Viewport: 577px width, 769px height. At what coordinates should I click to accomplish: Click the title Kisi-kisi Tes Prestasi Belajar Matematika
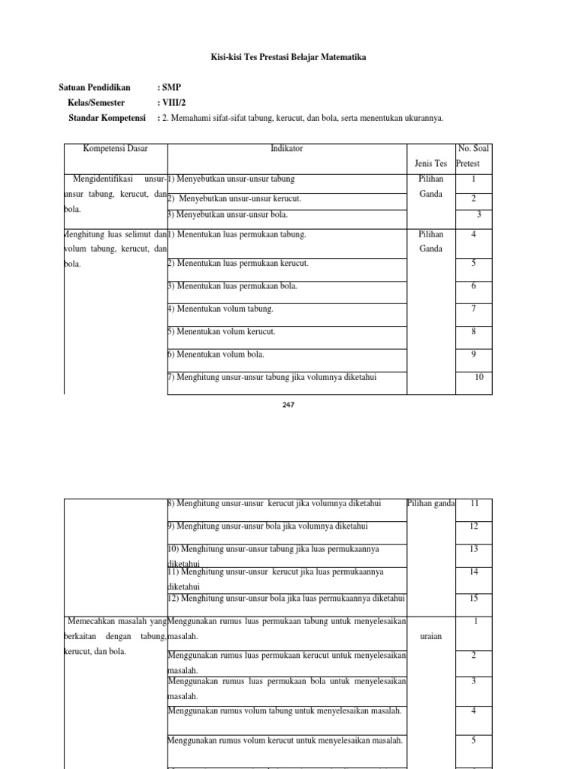coord(288,58)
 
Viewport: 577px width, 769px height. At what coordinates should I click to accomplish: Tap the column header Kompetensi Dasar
coord(116,149)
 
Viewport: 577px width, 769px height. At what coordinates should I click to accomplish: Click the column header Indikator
coord(286,149)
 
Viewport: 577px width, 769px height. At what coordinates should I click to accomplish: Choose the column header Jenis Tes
coord(430,163)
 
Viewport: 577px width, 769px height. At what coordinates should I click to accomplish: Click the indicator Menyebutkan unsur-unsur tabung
coord(231,179)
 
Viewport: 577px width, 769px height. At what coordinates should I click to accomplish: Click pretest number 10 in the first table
coord(479,377)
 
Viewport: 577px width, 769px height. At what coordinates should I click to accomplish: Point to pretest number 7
coord(474,309)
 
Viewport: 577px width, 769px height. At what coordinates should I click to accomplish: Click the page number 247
coord(288,404)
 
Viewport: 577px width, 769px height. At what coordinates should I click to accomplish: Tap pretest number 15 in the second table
coord(474,599)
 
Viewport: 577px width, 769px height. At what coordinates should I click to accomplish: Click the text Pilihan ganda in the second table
coord(431,503)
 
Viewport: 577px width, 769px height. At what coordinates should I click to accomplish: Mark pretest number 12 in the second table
coord(474,526)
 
